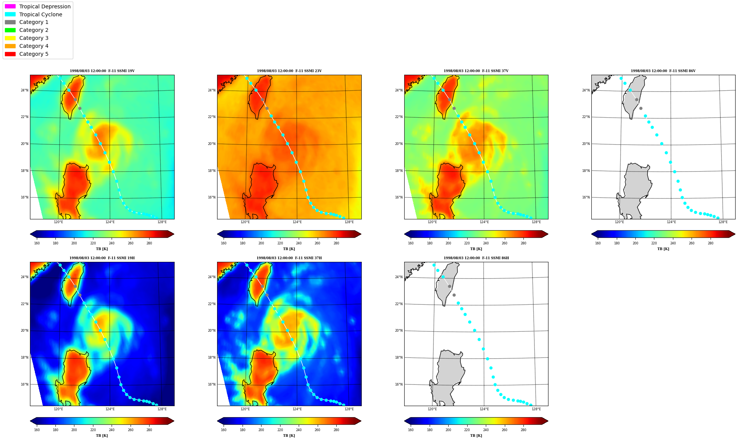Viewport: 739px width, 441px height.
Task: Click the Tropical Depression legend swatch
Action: click(10, 6)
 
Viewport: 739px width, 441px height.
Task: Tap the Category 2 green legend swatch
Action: click(10, 30)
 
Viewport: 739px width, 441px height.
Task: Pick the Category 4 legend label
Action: click(34, 46)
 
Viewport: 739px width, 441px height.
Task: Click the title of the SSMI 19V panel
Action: click(102, 71)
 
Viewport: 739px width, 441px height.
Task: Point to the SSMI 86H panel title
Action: click(476, 258)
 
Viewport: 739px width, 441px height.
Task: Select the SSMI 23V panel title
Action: click(289, 71)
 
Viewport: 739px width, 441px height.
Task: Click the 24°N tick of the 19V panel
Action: click(25, 90)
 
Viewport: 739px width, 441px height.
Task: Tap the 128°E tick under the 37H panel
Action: click(349, 409)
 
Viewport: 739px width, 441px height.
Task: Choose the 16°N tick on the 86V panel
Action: click(586, 197)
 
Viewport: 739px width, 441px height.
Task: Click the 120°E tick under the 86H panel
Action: click(432, 409)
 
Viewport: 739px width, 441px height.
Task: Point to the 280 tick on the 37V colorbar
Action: click(523, 243)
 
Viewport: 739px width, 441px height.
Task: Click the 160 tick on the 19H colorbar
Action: click(37, 430)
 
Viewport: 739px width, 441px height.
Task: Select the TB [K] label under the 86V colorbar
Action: click(663, 249)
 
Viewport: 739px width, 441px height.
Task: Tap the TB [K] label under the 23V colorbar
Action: click(289, 249)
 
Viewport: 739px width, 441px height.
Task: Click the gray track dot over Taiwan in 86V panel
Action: click(637, 99)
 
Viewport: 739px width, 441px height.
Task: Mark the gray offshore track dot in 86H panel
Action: click(454, 295)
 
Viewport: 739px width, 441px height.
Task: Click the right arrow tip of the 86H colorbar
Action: click(548, 421)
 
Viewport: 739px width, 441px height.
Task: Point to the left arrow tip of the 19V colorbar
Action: click(30, 234)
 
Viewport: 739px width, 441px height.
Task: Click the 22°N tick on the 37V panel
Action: click(399, 117)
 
